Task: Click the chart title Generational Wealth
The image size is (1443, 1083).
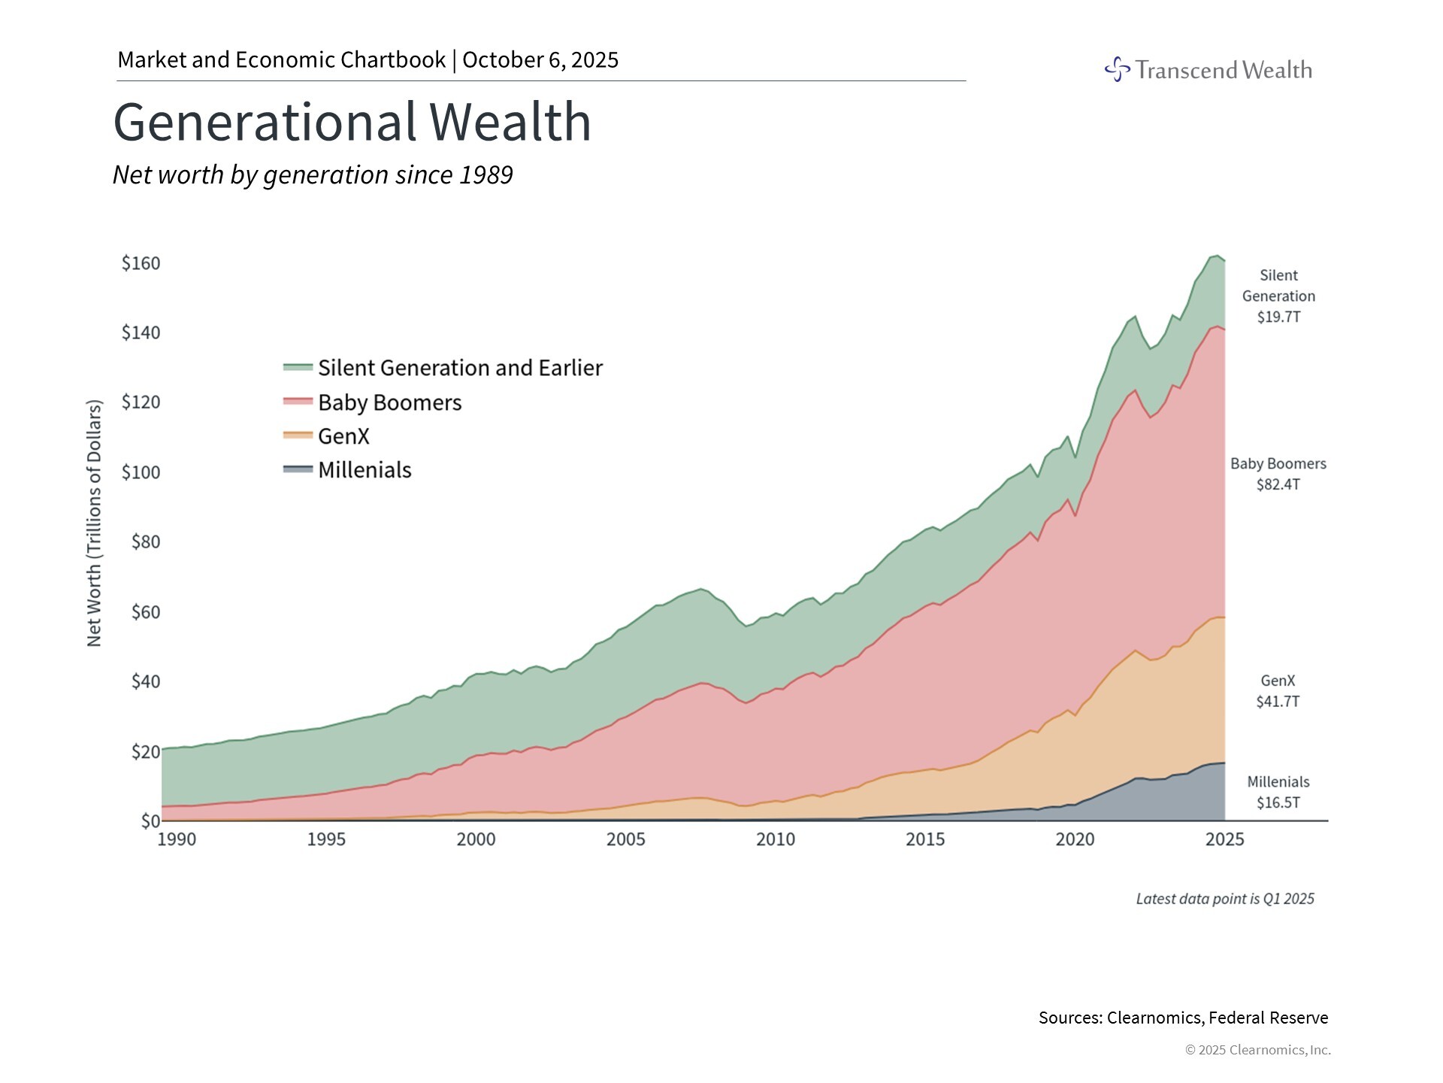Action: (x=352, y=122)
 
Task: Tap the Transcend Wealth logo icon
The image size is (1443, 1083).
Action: (x=1118, y=69)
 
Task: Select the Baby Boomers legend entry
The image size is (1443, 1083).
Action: (x=389, y=402)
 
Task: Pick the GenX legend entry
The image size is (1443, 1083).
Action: (x=343, y=436)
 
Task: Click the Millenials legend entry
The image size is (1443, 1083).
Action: (x=364, y=470)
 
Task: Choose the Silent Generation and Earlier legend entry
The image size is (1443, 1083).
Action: (x=459, y=368)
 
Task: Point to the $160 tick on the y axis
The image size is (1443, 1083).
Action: (x=141, y=263)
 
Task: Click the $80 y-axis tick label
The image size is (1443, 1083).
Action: (x=146, y=541)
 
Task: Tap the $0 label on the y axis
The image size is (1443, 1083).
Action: (x=150, y=821)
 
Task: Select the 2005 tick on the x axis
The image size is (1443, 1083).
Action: (x=625, y=839)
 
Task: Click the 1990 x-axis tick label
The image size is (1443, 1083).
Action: (x=177, y=839)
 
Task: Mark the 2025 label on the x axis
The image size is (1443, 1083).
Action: (x=1224, y=839)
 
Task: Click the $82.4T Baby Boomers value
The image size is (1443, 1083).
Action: (x=1278, y=484)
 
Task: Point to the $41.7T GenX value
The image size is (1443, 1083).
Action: (x=1278, y=702)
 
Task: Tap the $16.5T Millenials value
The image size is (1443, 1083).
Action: (x=1278, y=802)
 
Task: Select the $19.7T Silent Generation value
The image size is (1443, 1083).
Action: (x=1278, y=317)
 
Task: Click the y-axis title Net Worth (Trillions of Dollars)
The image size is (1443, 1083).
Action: (x=94, y=523)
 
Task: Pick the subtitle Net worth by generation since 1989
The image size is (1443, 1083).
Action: (x=313, y=174)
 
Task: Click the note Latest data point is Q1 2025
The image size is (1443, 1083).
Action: (x=1224, y=899)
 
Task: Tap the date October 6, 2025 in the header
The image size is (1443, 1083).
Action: (x=540, y=60)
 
